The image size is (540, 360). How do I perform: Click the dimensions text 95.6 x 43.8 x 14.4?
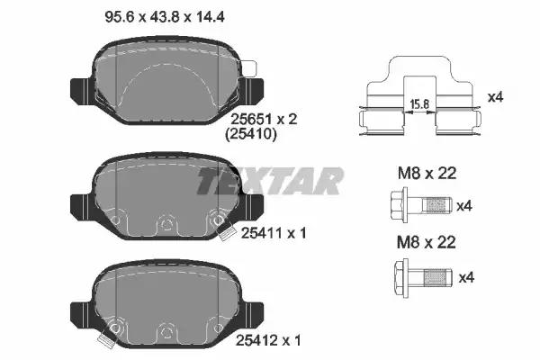165,16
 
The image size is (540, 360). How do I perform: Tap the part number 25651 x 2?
264,120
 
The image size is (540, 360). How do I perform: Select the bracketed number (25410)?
251,134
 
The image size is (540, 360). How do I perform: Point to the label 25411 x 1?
273,233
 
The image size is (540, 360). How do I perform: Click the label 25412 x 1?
268,340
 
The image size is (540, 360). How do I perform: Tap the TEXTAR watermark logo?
270,181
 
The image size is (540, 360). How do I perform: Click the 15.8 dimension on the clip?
420,103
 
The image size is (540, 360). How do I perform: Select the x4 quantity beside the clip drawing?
496,97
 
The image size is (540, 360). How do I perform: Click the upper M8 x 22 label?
427,173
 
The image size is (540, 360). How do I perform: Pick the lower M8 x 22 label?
427,242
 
